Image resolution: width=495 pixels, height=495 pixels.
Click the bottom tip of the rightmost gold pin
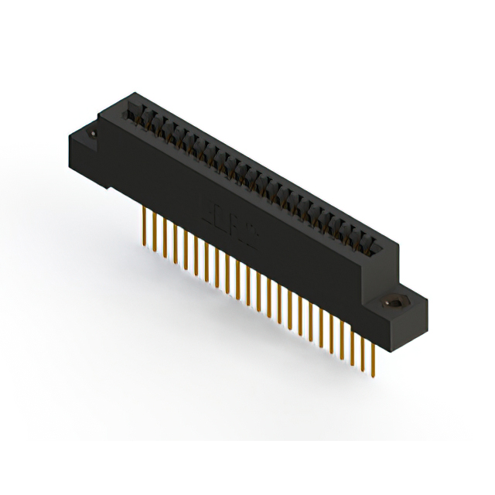point(374,377)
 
